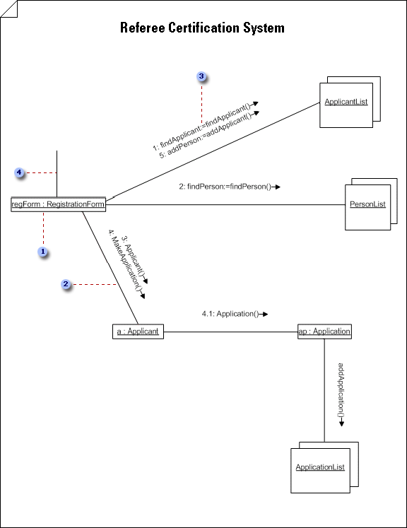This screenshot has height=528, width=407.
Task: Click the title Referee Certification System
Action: pyautogui.click(x=202, y=28)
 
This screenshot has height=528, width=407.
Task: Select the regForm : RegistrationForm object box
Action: pyautogui.click(x=58, y=204)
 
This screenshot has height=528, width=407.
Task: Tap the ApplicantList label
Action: pyautogui.click(x=346, y=102)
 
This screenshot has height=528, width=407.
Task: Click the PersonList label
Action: pyautogui.click(x=367, y=204)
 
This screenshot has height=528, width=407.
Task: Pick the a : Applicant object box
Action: pyautogui.click(x=138, y=332)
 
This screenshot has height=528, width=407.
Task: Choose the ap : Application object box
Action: pyautogui.click(x=324, y=332)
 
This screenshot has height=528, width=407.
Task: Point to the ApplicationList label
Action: pyautogui.click(x=320, y=467)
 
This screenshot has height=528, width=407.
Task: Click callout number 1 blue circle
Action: pyautogui.click(x=43, y=252)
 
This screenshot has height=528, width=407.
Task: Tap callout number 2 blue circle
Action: pyautogui.click(x=66, y=284)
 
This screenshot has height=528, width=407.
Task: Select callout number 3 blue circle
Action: pyautogui.click(x=201, y=76)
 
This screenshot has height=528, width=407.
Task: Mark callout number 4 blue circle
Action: pyautogui.click(x=19, y=172)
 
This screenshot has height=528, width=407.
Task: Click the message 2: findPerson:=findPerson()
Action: pyautogui.click(x=225, y=187)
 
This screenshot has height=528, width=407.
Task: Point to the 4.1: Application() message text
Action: pyautogui.click(x=230, y=314)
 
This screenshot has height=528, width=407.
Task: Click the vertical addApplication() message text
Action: pyautogui.click(x=341, y=389)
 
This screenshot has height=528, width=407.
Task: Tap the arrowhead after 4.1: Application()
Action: pyautogui.click(x=265, y=314)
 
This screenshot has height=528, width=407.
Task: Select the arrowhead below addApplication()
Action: pyautogui.click(x=341, y=423)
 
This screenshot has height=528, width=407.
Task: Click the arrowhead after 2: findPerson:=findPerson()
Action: pyautogui.click(x=278, y=187)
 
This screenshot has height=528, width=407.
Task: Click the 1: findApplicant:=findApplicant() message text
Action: pyautogui.click(x=202, y=127)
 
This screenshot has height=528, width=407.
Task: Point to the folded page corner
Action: pyautogui.click(x=8, y=8)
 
